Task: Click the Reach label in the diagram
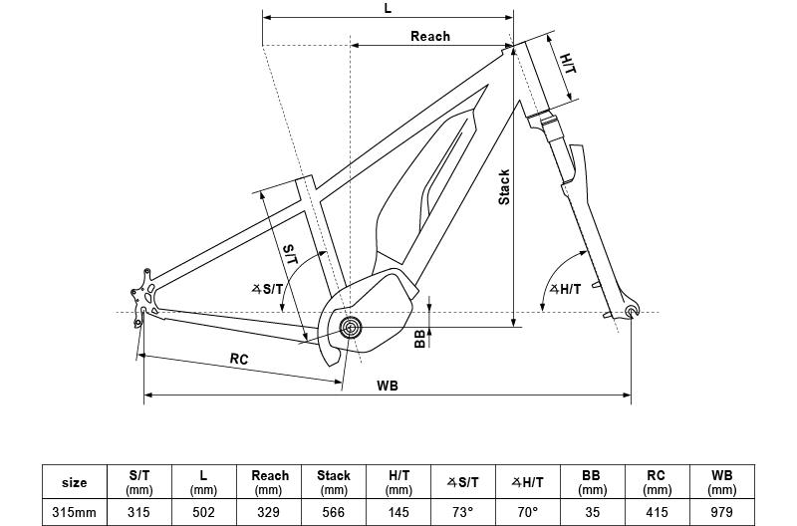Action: [430, 37]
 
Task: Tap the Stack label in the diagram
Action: [504, 186]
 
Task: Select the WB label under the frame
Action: [388, 386]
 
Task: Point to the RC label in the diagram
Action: [239, 358]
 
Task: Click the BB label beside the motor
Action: [419, 339]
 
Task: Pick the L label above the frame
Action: [388, 8]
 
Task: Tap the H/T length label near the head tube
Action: [567, 64]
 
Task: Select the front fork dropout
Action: [630, 314]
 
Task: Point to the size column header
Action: [75, 482]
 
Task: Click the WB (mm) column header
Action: [721, 482]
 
